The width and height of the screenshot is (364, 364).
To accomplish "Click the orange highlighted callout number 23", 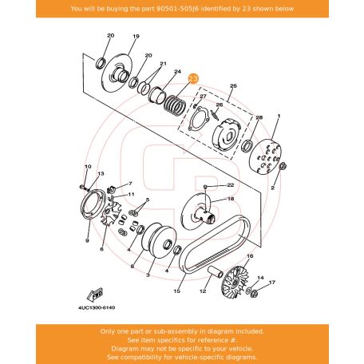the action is coord(193,78).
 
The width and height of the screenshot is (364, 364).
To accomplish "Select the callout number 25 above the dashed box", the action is coord(233,86).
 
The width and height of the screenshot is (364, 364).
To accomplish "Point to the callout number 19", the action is coord(136,36).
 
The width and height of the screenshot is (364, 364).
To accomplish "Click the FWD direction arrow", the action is coord(95,295).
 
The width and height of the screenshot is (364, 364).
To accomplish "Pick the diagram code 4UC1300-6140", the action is coord(97,307).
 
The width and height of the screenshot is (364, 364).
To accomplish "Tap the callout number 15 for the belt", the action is coord(177,291).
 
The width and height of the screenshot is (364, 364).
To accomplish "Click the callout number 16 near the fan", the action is coord(250,256).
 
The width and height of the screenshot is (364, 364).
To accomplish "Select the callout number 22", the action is coord(231,184).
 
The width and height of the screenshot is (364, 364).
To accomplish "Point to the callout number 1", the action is coord(279,116).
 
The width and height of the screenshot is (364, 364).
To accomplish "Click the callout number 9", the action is coord(87,240).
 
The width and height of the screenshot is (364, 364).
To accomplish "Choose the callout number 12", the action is coord(203,291).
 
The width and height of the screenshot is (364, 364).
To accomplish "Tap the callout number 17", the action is coord(272,283).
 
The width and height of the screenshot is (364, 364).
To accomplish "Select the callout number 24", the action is coord(177,71).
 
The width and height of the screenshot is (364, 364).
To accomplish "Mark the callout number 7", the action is coord(130,184).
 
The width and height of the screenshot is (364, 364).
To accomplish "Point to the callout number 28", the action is coord(259,117).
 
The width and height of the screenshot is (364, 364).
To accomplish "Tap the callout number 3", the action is coord(148,275).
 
